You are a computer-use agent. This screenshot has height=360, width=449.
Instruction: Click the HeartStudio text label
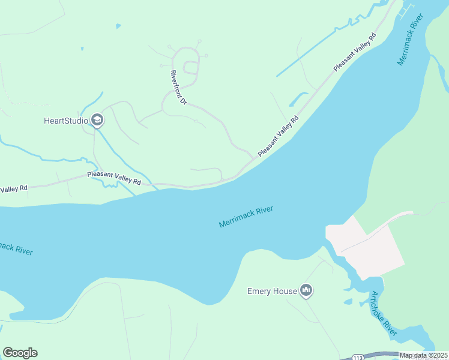pos(66,121)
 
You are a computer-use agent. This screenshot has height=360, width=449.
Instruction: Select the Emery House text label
pos(272,292)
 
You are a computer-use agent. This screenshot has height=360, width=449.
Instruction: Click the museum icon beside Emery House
pos(306,292)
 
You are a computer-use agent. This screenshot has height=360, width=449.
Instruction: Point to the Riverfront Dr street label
pos(178,88)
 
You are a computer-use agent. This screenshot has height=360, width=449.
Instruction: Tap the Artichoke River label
pos(384,314)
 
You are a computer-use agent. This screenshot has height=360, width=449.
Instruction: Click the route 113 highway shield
pos(357,356)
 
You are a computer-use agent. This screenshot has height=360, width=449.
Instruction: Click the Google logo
pos(20,353)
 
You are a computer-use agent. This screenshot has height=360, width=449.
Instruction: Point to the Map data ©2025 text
pos(423,355)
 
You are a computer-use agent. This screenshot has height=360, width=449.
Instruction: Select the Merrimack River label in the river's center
pos(246,217)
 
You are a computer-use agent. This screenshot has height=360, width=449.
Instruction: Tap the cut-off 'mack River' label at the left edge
pos(16,248)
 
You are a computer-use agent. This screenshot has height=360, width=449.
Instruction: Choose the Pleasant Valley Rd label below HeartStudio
pos(114,178)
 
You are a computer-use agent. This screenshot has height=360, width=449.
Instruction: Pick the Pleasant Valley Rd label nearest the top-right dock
pos(355,52)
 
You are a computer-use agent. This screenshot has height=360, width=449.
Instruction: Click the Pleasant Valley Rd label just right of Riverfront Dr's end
pos(278,136)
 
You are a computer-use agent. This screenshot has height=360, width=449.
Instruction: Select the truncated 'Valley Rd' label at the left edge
pos(14,189)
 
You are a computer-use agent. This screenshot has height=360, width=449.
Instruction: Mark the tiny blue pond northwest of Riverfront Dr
pos(118,26)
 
